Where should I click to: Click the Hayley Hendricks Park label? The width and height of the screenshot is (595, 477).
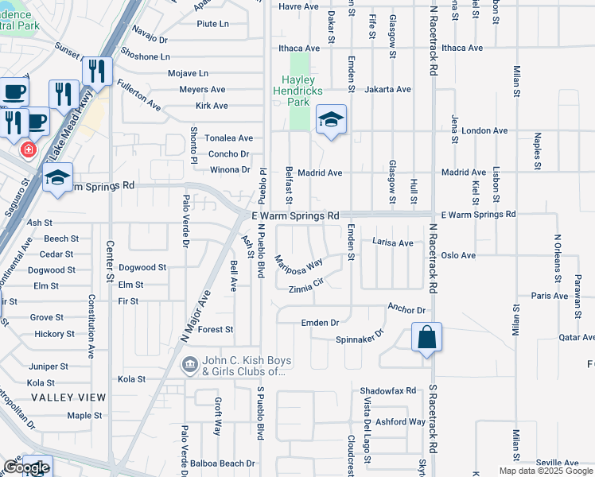pos(298,91)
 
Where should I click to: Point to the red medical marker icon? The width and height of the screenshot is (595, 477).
pos(29,149)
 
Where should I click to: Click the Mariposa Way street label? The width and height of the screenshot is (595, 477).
pos(299,263)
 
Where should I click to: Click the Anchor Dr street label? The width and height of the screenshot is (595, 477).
pos(406,309)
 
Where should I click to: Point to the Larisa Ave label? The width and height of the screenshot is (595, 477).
pos(393,242)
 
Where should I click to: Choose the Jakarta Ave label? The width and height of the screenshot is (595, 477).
pos(387,90)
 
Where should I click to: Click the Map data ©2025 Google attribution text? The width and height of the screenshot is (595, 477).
pos(546,470)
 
